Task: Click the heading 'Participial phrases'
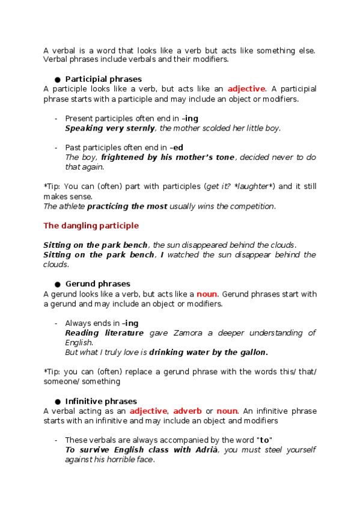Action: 103,79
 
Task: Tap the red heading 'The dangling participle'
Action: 91,226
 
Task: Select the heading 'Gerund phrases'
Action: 97,283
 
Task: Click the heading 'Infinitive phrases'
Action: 101,401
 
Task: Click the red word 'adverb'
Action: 188,411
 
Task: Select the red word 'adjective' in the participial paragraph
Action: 246,88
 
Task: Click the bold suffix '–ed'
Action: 177,147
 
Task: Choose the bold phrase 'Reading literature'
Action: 104,333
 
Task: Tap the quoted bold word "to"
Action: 264,440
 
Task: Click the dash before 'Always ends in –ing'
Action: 56,323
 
